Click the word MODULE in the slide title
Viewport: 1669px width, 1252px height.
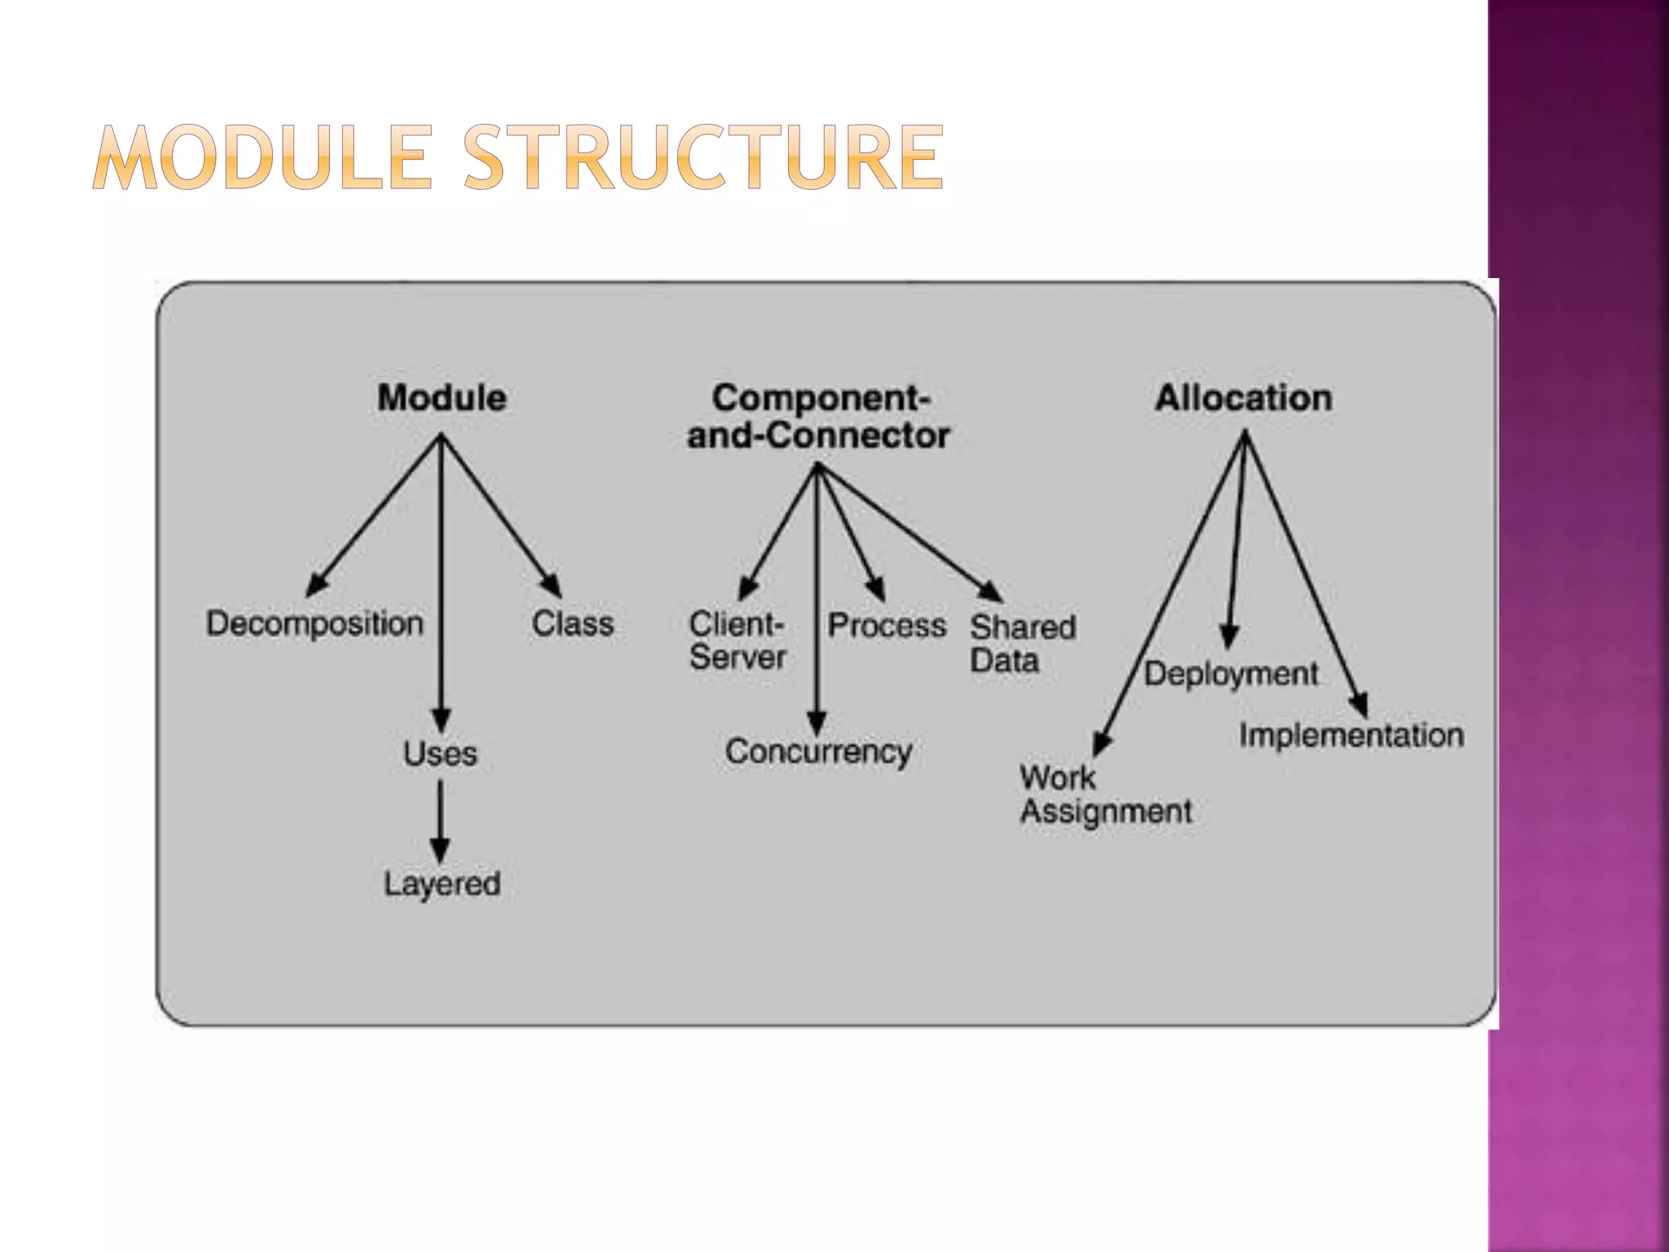pyautogui.click(x=262, y=157)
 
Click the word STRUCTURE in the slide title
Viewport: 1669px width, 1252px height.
pyautogui.click(x=703, y=157)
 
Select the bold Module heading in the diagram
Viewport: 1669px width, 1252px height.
pyautogui.click(x=442, y=398)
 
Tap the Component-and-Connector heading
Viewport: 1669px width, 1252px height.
pyautogui.click(x=818, y=417)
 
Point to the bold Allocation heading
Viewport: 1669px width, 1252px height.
pyautogui.click(x=1244, y=398)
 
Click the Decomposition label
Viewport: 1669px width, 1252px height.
pyautogui.click(x=315, y=624)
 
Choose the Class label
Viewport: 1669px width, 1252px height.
pyautogui.click(x=572, y=624)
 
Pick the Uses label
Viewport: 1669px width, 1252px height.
pyautogui.click(x=440, y=753)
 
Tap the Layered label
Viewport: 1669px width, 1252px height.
pyautogui.click(x=442, y=884)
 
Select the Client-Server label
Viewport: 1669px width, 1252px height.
pyautogui.click(x=738, y=641)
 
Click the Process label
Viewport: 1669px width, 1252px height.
pyautogui.click(x=887, y=625)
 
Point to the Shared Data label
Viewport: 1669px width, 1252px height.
pyautogui.click(x=1022, y=643)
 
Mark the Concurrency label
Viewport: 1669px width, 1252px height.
pyautogui.click(x=818, y=752)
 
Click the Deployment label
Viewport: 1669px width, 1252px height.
pyautogui.click(x=1231, y=674)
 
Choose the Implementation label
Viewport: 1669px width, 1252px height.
pyautogui.click(x=1351, y=735)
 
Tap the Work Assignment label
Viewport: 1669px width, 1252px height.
pyautogui.click(x=1105, y=795)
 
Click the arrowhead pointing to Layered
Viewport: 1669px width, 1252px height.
pyautogui.click(x=440, y=849)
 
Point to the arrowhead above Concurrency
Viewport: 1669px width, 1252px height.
pyautogui.click(x=817, y=722)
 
